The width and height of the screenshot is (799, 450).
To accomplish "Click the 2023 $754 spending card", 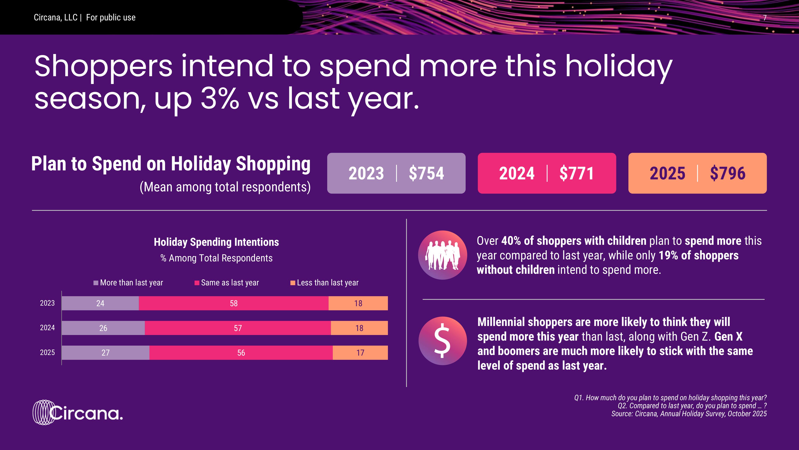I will pyautogui.click(x=396, y=173).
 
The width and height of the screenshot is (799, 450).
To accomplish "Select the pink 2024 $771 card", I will pyautogui.click(x=547, y=173).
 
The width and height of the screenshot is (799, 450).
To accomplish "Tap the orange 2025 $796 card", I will pyautogui.click(x=697, y=173).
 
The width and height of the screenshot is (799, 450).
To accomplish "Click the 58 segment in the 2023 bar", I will pyautogui.click(x=234, y=303).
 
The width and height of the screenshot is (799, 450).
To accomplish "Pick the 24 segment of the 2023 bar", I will pyautogui.click(x=100, y=303).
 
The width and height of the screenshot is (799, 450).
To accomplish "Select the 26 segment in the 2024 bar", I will pyautogui.click(x=103, y=328).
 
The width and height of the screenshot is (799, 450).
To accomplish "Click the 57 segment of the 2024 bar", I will pyautogui.click(x=238, y=328).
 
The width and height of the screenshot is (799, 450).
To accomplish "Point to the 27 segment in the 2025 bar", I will pyautogui.click(x=105, y=352).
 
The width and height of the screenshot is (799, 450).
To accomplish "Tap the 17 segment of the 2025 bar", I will pyautogui.click(x=360, y=352).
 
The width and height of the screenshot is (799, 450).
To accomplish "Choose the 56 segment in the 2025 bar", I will pyautogui.click(x=241, y=352).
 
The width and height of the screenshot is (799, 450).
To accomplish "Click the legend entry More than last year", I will pyautogui.click(x=128, y=283).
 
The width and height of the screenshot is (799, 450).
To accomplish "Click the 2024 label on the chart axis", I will pyautogui.click(x=47, y=328).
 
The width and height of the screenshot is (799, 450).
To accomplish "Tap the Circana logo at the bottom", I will pyautogui.click(x=78, y=412).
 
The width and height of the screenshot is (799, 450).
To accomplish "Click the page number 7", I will pyautogui.click(x=765, y=18).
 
